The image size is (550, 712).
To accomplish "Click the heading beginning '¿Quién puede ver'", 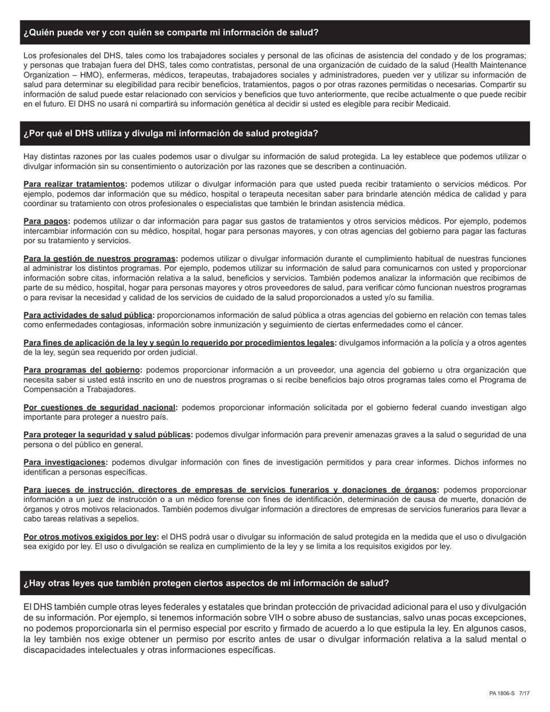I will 171,32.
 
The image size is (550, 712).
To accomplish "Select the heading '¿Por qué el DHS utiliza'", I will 171,133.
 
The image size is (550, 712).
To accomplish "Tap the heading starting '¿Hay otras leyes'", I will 206,583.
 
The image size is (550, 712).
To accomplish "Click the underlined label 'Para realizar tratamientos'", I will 75,184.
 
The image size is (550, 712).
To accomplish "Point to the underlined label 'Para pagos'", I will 46,221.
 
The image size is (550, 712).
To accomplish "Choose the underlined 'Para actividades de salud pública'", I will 89,315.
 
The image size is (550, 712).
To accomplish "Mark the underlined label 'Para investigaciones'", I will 65,462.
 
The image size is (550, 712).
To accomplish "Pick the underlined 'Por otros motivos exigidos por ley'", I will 91,537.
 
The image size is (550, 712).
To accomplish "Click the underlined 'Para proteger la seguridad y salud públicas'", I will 108,435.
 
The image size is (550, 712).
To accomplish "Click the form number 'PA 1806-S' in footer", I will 501,693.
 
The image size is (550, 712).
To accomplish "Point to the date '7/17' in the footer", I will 524,693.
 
